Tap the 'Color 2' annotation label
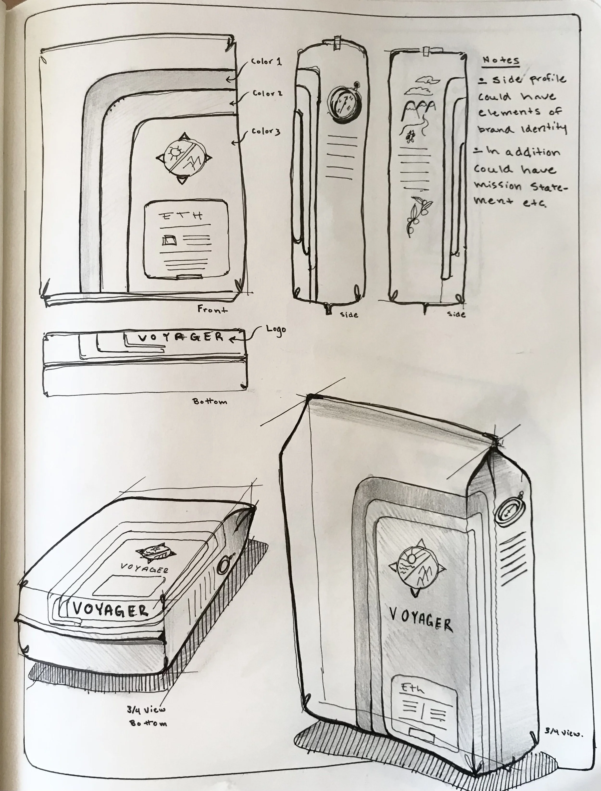(267, 93)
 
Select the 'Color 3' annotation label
(266, 131)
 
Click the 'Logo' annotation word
(276, 329)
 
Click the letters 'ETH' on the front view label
(181, 216)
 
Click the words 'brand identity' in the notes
(522, 129)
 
